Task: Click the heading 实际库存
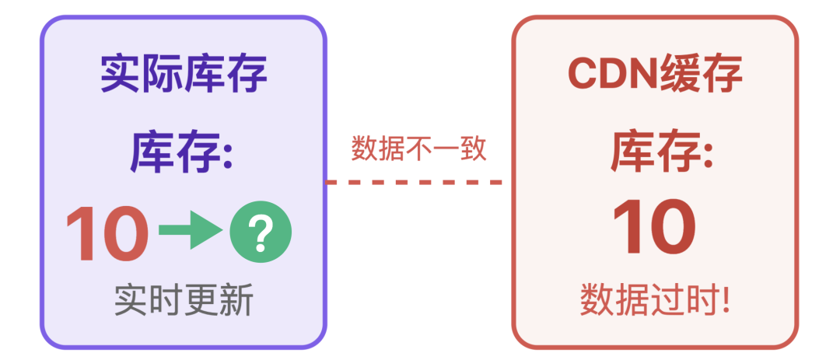[184, 75]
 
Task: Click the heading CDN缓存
[655, 75]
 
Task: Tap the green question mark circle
[261, 232]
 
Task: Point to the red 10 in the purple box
[107, 233]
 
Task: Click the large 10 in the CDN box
[654, 229]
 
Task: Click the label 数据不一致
[418, 148]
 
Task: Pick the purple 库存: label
[181, 151]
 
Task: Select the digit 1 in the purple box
[79, 233]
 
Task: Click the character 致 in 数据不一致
[474, 148]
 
